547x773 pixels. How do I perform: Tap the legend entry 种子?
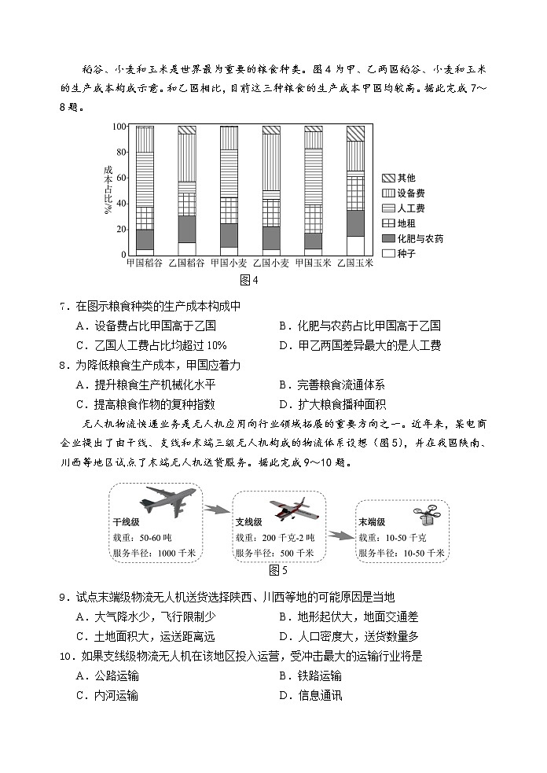coord(398,253)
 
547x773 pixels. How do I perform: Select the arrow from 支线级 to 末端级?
coord(340,536)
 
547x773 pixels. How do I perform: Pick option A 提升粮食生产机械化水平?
coord(145,385)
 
